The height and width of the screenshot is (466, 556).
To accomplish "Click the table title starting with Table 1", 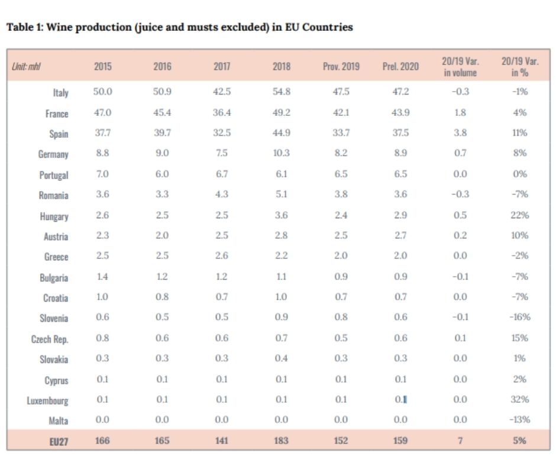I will pos(179,27).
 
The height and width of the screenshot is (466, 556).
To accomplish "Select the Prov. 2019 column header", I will pos(341,66).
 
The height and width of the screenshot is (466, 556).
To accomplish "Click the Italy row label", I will pos(60,93).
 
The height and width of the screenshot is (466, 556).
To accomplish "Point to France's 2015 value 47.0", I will pos(102,112).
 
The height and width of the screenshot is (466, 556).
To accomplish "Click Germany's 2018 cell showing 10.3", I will pos(281,153).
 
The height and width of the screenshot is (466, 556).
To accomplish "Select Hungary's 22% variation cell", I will pos(520,215).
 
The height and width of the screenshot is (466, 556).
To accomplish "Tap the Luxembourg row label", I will pos(47,400).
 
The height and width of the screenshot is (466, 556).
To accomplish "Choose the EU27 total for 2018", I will pos(281,440).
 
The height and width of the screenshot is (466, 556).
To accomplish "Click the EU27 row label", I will pos(57,441).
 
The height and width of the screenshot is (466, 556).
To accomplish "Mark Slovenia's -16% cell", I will pos(520,317).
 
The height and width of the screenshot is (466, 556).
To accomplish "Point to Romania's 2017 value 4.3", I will pos(222,195).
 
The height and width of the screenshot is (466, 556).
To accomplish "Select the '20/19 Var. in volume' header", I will pos(460,66).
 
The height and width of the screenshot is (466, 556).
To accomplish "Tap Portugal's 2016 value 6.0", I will pos(162,174).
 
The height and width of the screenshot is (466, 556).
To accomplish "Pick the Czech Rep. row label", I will pos(50,339).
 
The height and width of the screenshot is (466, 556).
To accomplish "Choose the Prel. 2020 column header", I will pos(400,66).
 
